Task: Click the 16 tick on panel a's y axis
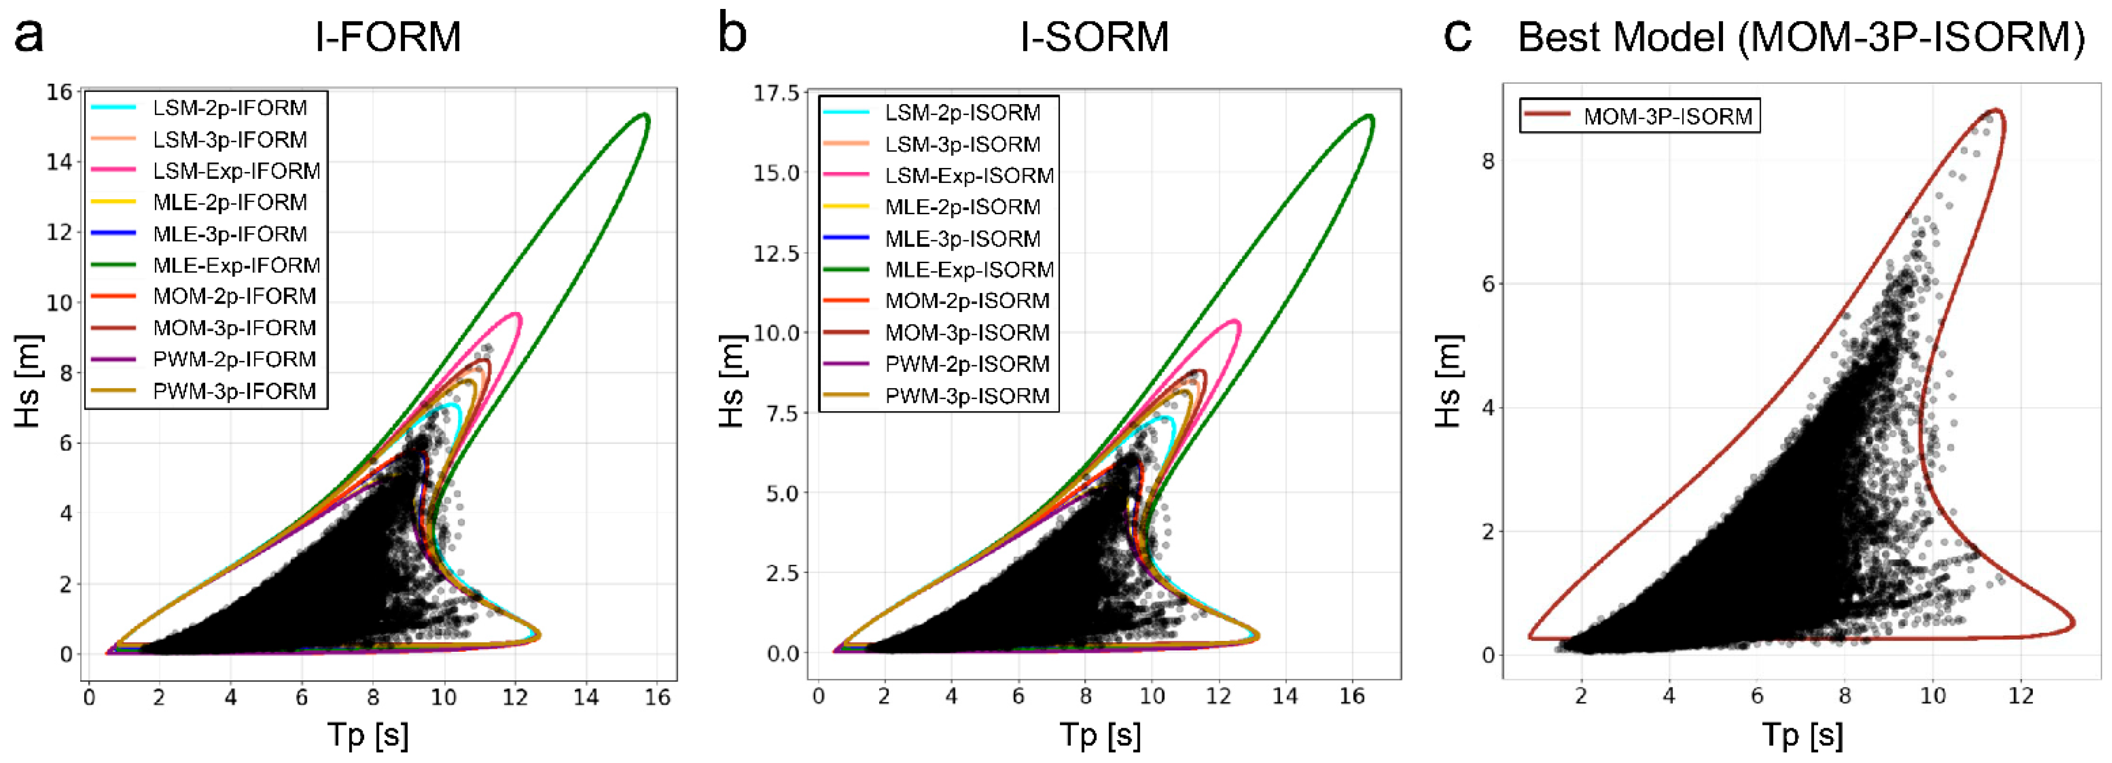pos(59,91)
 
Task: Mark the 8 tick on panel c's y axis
pos(1487,161)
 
